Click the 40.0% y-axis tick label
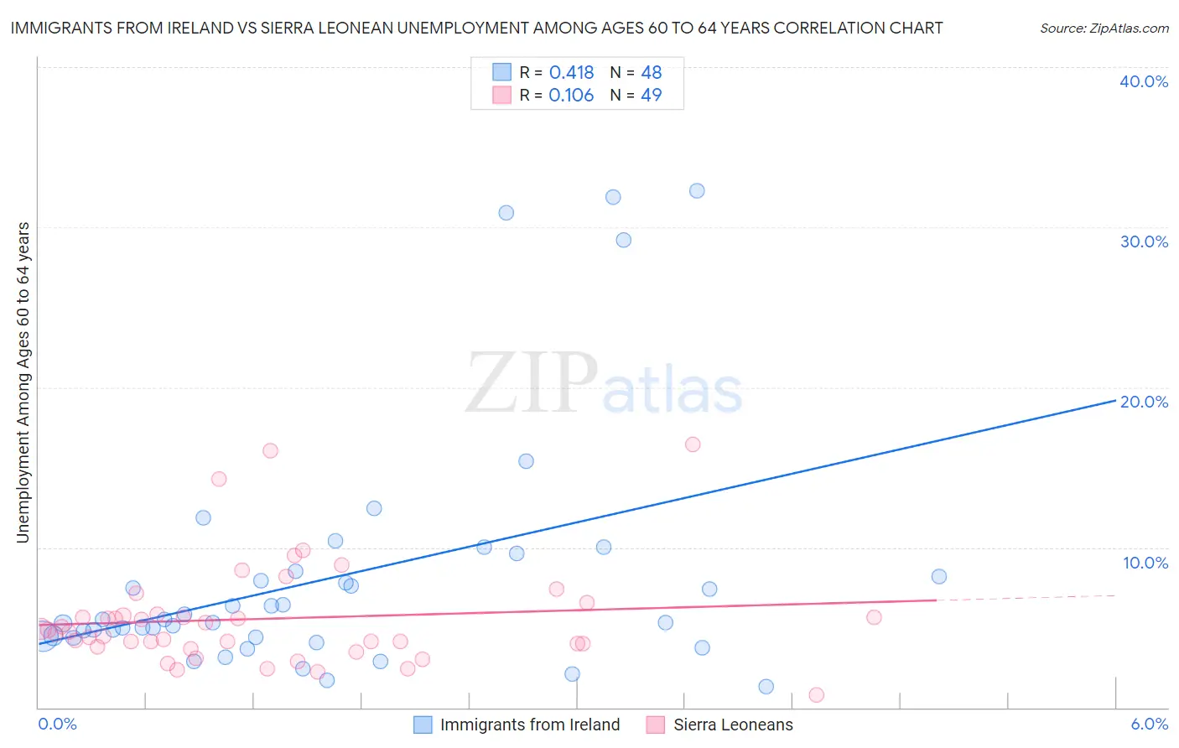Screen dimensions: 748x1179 (1144, 81)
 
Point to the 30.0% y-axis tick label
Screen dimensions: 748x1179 (1144, 242)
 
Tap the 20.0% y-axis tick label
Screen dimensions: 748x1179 (1144, 402)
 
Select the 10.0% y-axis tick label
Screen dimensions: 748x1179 (1145, 563)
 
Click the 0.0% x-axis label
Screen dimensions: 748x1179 (57, 724)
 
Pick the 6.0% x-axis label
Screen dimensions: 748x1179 (1149, 724)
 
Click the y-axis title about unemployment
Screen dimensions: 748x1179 (23, 382)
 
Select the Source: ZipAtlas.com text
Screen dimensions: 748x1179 (1104, 28)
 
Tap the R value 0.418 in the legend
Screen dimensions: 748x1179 (571, 72)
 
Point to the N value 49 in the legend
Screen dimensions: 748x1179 (651, 95)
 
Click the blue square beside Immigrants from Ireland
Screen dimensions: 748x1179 (423, 725)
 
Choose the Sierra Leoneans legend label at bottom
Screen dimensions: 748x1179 (733, 725)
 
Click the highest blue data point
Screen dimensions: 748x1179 (697, 190)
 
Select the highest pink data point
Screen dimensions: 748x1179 (693, 444)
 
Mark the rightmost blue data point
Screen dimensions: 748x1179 (939, 576)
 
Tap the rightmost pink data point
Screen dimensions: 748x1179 (874, 617)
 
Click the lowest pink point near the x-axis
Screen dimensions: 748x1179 (816, 694)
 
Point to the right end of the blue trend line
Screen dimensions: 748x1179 (1114, 401)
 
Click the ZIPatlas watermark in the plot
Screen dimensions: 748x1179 (604, 383)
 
